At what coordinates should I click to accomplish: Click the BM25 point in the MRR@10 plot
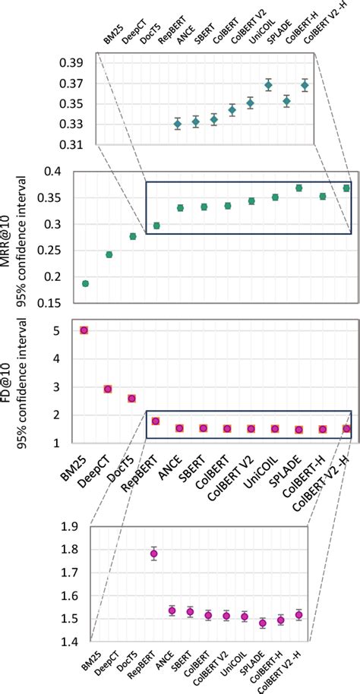coord(85,283)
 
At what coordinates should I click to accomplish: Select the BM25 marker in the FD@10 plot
coord(84,330)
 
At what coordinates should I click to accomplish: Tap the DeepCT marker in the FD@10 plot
coord(109,389)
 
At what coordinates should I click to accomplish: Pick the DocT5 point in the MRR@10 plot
coord(133,236)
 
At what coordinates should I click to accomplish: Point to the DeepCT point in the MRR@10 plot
coord(109,254)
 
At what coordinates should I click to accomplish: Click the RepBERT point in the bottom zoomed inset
coord(154,554)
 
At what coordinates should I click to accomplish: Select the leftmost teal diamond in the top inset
coord(178,124)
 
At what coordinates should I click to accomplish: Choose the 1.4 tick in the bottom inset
coord(72,642)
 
